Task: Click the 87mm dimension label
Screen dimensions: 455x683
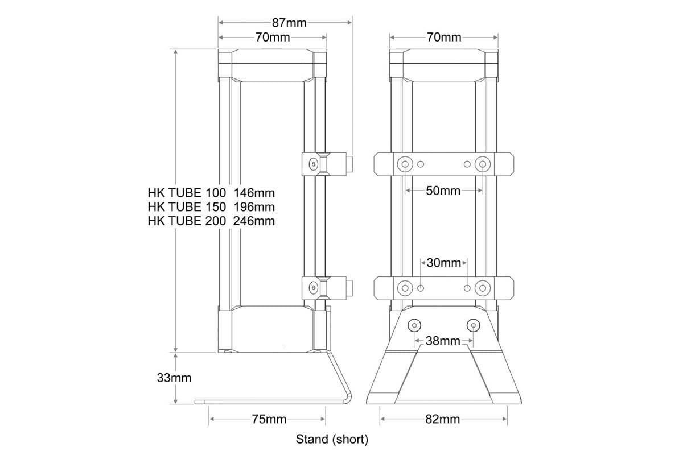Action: coord(289,23)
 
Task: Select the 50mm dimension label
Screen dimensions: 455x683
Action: coord(443,191)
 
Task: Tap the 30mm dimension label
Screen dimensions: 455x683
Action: coord(443,263)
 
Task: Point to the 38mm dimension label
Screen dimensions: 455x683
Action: coord(443,341)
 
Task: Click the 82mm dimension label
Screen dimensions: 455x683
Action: coord(443,420)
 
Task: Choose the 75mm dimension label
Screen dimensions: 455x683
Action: coord(269,420)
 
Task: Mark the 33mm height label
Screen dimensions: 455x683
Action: coord(174,378)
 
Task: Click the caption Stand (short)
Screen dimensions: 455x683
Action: coord(332,439)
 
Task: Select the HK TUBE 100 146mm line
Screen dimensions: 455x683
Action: coord(211,192)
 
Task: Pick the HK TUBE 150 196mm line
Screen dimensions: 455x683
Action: coord(211,206)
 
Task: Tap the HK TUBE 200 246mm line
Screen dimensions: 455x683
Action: coord(211,221)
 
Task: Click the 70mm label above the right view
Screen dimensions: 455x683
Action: coord(443,38)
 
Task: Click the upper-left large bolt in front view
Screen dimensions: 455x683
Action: coord(405,164)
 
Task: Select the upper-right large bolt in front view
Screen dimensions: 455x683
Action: coord(483,164)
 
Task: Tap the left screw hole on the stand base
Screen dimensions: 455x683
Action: coord(414,325)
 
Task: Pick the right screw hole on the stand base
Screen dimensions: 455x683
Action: coord(473,325)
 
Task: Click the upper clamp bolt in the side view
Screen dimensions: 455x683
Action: coord(313,164)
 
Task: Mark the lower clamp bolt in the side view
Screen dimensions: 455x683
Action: coord(313,287)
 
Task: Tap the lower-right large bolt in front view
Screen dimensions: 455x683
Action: coord(483,288)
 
